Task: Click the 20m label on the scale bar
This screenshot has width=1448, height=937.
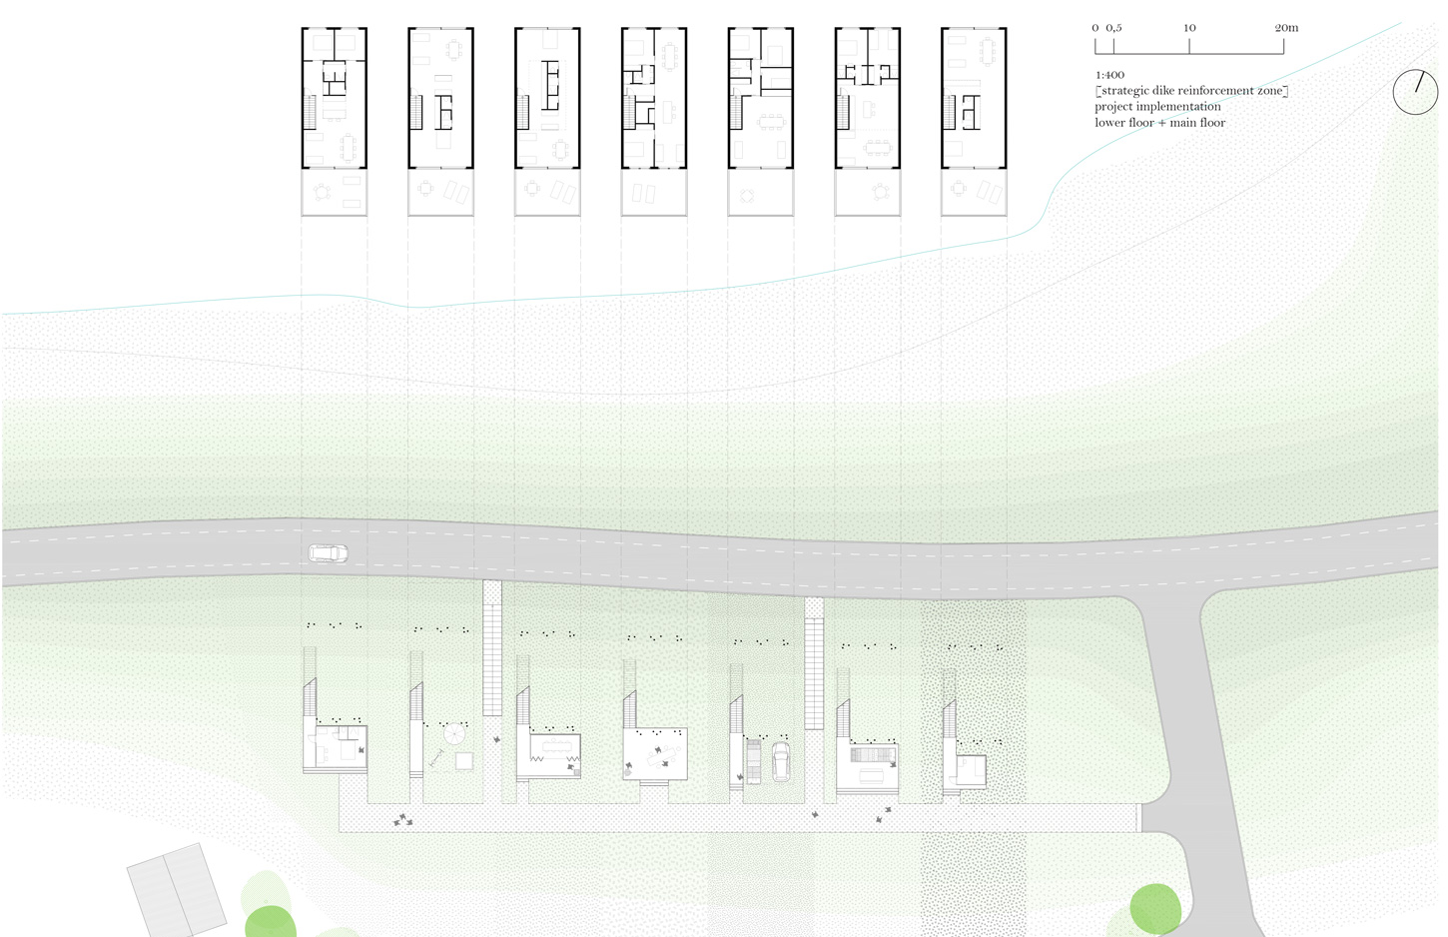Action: coord(1286,28)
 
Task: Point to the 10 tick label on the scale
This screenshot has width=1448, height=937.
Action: coord(1189,28)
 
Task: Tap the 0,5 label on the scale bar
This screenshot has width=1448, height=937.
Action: coord(1113,28)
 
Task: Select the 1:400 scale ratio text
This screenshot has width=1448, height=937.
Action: coord(1109,75)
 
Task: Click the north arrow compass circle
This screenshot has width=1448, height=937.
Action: coord(1415,92)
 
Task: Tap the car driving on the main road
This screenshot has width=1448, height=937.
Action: coord(328,552)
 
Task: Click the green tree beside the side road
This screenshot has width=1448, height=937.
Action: coord(1155,909)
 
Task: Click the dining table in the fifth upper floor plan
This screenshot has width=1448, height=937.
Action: coord(771,122)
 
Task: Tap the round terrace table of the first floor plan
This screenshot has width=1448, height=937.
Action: coord(322,192)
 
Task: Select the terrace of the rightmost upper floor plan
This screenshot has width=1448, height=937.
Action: coord(974,192)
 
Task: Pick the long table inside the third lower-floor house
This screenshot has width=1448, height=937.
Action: coord(554,744)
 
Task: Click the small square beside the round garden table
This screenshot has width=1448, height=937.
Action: coord(464,761)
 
